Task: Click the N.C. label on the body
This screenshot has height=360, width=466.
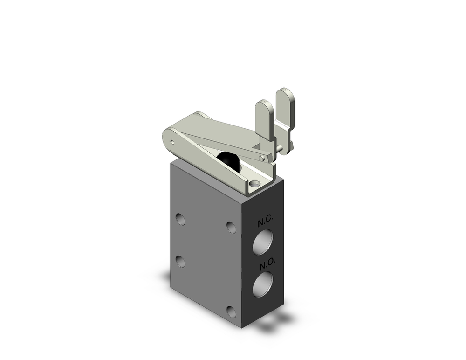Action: point(268,222)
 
